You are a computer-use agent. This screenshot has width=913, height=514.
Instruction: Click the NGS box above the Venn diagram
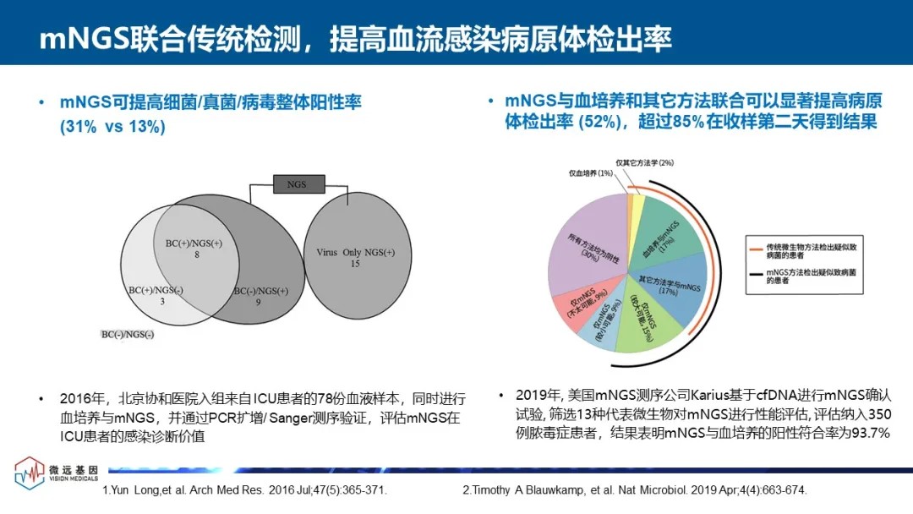[296, 184]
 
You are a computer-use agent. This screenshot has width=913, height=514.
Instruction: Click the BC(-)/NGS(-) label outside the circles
[128, 335]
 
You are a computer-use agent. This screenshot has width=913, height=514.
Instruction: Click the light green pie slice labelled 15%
[647, 325]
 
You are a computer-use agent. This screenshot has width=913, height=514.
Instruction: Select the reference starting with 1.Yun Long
[244, 490]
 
